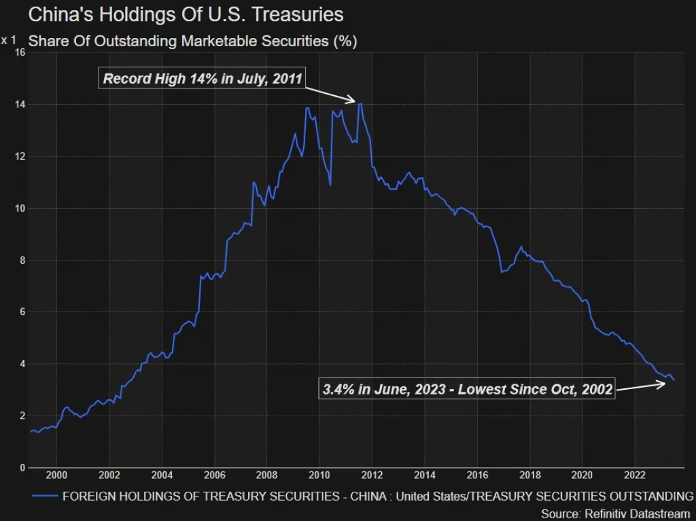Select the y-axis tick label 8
click(22, 260)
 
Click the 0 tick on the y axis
click(22, 467)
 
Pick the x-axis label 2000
click(56, 475)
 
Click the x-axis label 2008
click(267, 475)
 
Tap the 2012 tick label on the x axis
click(372, 475)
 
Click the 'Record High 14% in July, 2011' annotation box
click(202, 78)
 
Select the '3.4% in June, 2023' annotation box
click(466, 390)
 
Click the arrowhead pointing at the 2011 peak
click(353, 101)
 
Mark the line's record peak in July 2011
click(360, 104)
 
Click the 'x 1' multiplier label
click(8, 40)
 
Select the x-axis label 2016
click(478, 475)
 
